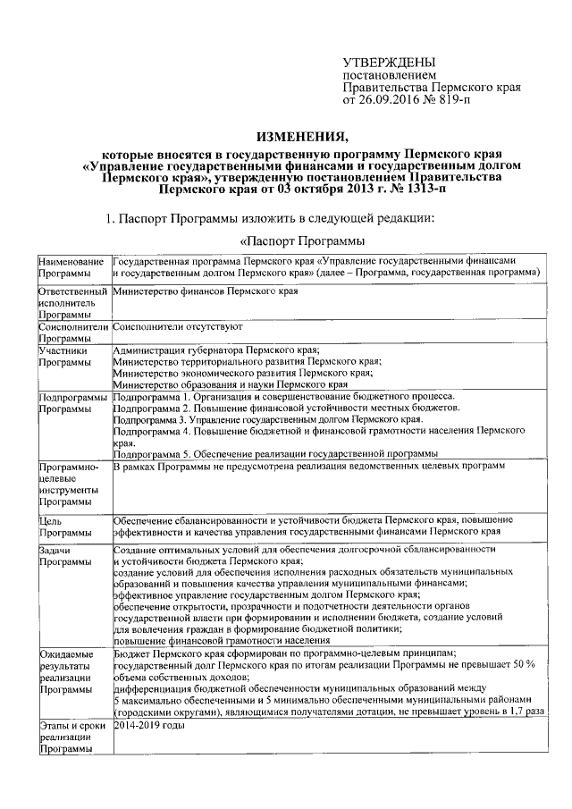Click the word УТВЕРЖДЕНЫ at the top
coord(390,63)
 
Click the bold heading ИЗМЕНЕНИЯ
coord(301,137)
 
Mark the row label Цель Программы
coord(59,527)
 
